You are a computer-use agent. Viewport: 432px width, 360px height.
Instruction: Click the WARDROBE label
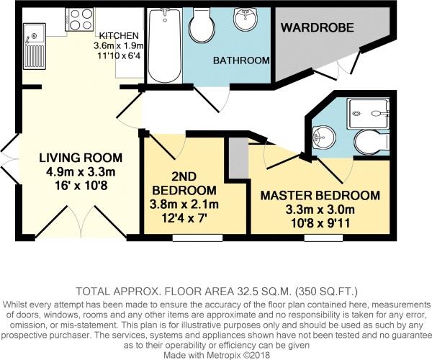click(317, 27)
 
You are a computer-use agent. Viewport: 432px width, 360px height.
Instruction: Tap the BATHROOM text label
click(241, 60)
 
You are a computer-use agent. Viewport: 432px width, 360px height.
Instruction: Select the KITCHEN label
click(119, 35)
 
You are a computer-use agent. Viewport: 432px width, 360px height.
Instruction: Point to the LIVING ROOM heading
click(81, 158)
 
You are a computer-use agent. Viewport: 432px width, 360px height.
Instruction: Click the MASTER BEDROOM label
click(320, 195)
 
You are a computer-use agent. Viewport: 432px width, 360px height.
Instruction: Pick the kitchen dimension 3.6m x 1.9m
click(119, 46)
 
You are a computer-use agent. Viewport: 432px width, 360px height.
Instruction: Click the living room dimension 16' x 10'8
click(81, 186)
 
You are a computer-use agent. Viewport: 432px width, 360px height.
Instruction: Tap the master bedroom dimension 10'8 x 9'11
click(320, 223)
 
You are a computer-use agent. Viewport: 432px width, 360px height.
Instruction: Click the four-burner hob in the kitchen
click(79, 19)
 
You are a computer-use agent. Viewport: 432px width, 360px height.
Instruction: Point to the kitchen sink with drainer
click(34, 46)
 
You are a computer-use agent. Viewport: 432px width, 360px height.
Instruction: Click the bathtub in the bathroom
click(164, 45)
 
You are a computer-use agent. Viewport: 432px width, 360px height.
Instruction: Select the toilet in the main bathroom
click(202, 25)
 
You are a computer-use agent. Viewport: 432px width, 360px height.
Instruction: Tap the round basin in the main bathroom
click(246, 19)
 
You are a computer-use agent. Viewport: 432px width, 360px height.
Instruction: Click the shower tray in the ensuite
click(369, 114)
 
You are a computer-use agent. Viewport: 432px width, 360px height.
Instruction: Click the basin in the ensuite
click(324, 137)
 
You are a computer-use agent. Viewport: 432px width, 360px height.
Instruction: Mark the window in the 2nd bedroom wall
click(197, 238)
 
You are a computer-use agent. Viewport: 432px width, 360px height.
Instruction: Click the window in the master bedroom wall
click(323, 238)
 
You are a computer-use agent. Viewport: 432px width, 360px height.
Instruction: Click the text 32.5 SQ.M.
click(264, 292)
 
